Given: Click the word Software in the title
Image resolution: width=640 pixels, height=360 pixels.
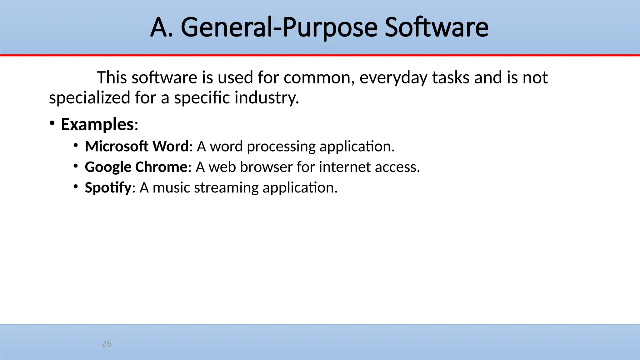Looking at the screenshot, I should point(436,27).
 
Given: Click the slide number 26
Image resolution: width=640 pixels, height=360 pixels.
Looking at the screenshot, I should point(107,344).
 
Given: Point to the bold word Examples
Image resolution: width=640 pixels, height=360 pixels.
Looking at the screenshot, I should point(97,124).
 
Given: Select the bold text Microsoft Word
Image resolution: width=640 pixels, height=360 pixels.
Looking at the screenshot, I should point(137,146).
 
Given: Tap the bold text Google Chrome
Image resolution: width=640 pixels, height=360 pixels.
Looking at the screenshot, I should point(136,167).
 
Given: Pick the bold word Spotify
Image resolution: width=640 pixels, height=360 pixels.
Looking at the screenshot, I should point(108,187).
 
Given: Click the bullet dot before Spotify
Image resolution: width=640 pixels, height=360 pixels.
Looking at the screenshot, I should point(76,187).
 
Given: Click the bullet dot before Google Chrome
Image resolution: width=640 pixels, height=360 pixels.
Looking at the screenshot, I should point(76,166).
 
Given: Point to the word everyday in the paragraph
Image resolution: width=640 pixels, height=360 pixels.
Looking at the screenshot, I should point(393,77).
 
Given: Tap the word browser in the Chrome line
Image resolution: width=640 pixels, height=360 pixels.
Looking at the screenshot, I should point(266,167).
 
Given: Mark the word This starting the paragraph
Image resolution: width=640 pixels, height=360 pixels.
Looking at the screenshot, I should point(112,77).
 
